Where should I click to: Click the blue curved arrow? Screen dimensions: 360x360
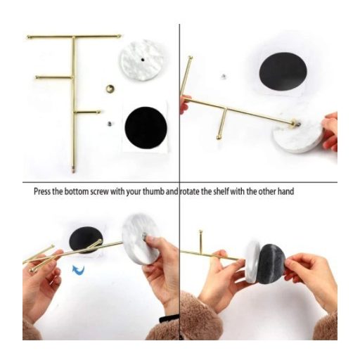click(79, 270)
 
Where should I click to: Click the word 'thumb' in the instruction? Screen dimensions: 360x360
click(153, 191)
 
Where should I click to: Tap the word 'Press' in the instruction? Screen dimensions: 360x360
click(42, 191)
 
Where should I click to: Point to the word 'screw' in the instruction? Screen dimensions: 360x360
click(100, 192)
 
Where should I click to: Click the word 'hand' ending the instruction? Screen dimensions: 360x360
click(285, 191)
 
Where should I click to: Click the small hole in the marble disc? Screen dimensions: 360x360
click(143, 60)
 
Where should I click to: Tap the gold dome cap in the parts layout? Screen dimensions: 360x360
click(110, 89)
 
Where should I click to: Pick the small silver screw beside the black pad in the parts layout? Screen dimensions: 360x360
click(109, 124)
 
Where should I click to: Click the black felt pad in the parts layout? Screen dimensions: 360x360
click(146, 127)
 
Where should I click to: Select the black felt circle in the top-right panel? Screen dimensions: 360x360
click(283, 72)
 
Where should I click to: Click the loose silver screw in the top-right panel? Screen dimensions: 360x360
click(224, 77)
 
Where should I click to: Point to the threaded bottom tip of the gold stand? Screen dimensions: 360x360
click(73, 170)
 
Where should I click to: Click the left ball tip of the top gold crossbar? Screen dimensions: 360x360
click(29, 37)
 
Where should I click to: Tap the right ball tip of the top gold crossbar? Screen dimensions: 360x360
click(120, 36)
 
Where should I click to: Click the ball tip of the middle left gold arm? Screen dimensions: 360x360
click(37, 77)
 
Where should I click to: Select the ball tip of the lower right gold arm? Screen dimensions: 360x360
click(98, 112)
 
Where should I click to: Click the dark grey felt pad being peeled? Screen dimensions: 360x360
click(272, 264)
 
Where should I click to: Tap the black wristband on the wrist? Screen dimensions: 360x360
click(169, 319)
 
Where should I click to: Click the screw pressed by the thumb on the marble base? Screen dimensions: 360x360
click(144, 236)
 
